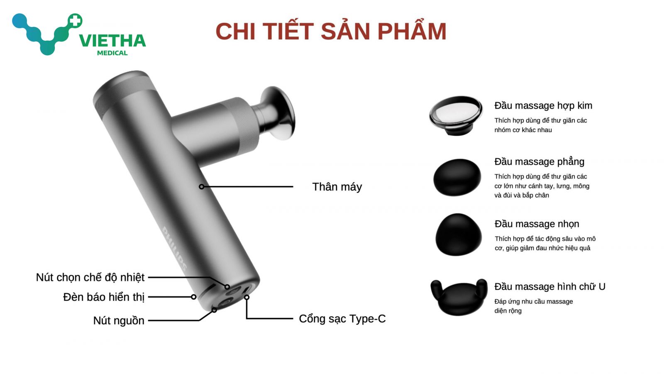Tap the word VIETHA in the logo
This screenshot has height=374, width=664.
tap(112, 41)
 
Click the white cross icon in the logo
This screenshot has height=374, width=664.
tap(75, 21)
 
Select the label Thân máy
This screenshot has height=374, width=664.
tap(337, 187)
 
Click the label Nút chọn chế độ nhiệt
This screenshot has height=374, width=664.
tap(90, 277)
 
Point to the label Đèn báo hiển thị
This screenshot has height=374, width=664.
tap(104, 297)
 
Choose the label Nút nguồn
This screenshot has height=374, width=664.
tap(119, 320)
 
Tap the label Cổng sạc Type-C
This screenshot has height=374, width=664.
tap(342, 318)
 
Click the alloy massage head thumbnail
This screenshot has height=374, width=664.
tap(456, 115)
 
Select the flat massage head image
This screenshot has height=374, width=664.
tap(457, 177)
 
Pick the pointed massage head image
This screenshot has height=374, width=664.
tap(458, 235)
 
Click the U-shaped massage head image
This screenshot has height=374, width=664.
tap(459, 297)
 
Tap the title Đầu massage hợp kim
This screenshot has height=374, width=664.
tap(543, 105)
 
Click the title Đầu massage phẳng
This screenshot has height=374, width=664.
tap(539, 161)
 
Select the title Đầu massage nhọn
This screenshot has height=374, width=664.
tap(537, 224)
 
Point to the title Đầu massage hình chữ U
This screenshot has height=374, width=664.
tap(549, 286)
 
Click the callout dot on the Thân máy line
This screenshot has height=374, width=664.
tap(202, 186)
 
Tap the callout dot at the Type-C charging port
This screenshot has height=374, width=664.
tap(247, 297)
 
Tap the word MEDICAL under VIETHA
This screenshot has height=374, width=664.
tap(112, 53)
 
